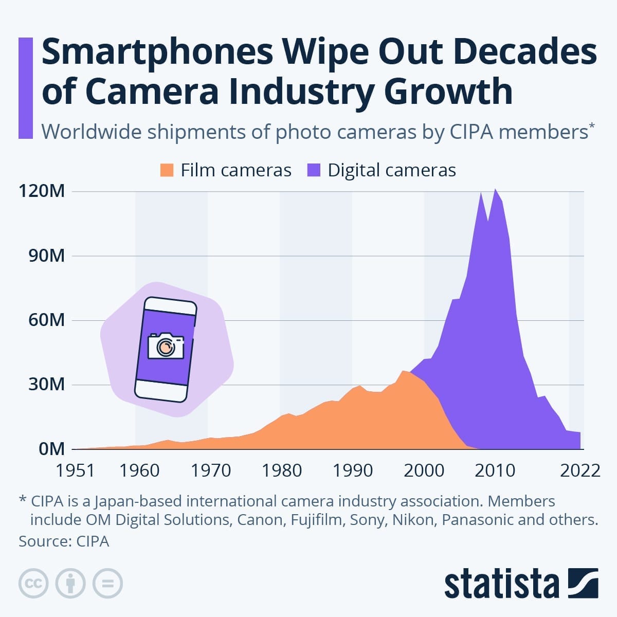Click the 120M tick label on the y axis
tap(42, 192)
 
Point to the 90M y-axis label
tap(46, 256)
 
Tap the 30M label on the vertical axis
tap(46, 385)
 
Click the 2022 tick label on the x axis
tap(580, 470)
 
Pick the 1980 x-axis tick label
tap(282, 470)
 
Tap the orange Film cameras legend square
tap(167, 170)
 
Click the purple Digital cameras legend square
tap(314, 170)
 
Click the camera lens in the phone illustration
tap(166, 348)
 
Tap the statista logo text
tap(501, 584)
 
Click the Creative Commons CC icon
tap(33, 584)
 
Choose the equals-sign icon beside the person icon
tap(108, 584)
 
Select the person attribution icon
tap(70, 584)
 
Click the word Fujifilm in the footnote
tap(316, 520)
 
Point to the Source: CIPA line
tap(64, 541)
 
